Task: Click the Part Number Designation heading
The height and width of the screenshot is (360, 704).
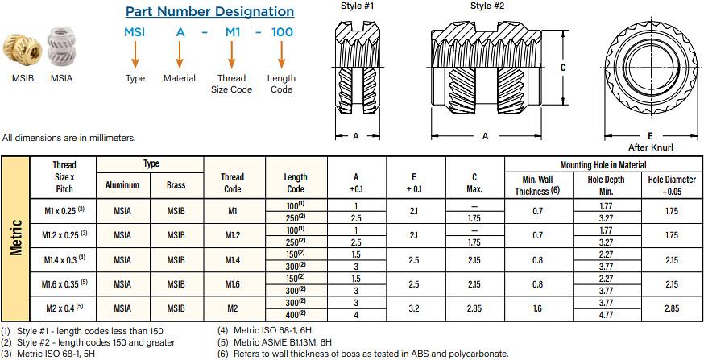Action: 209,12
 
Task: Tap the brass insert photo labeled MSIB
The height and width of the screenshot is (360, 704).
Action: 22,50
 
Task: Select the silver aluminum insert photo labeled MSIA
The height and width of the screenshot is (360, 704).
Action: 61,50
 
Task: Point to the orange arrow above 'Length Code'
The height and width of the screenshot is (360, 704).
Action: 281,55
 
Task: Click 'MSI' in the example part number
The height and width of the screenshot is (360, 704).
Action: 135,32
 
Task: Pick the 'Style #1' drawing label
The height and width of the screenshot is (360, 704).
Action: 357,6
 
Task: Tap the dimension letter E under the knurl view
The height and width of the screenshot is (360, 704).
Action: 648,136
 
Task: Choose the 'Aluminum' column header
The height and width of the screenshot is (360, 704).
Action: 122,184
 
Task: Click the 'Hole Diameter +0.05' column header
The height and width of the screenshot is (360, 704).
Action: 672,184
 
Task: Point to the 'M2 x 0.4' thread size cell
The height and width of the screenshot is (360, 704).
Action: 64,308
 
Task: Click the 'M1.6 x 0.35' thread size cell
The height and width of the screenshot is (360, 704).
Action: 64,284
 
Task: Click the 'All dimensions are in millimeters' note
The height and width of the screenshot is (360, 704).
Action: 69,138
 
